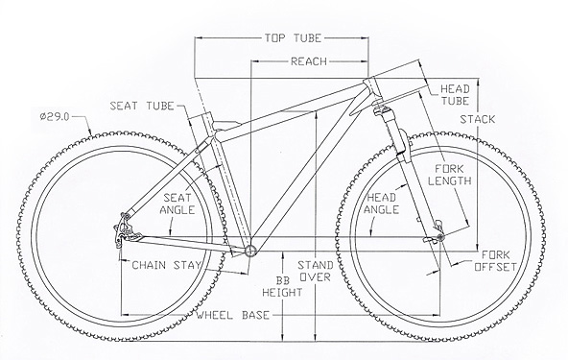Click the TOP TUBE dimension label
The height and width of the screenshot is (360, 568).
click(x=293, y=38)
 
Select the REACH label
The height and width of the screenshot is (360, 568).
click(x=309, y=61)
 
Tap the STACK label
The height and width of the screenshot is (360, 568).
click(x=478, y=119)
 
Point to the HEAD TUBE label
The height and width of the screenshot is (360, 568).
click(x=455, y=95)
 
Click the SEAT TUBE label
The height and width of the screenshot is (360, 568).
click(x=142, y=106)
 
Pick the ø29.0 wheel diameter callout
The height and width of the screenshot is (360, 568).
click(x=55, y=117)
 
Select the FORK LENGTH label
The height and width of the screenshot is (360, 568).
click(x=450, y=175)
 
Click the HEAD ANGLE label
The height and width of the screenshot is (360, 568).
click(x=382, y=204)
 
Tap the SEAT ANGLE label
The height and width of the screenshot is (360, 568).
click(x=177, y=204)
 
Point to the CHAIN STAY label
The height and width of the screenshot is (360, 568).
click(x=166, y=265)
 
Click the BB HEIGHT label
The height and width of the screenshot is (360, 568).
click(x=282, y=286)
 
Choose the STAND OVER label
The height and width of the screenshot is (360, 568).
click(x=315, y=271)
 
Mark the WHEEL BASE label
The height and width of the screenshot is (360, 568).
click(x=233, y=315)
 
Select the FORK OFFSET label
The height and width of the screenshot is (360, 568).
click(x=495, y=261)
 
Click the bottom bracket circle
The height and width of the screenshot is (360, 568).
click(x=250, y=251)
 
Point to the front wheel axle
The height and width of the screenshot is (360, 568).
click(x=440, y=237)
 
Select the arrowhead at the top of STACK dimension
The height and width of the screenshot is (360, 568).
click(x=478, y=82)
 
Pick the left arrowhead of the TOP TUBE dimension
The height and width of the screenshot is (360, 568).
click(x=199, y=37)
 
